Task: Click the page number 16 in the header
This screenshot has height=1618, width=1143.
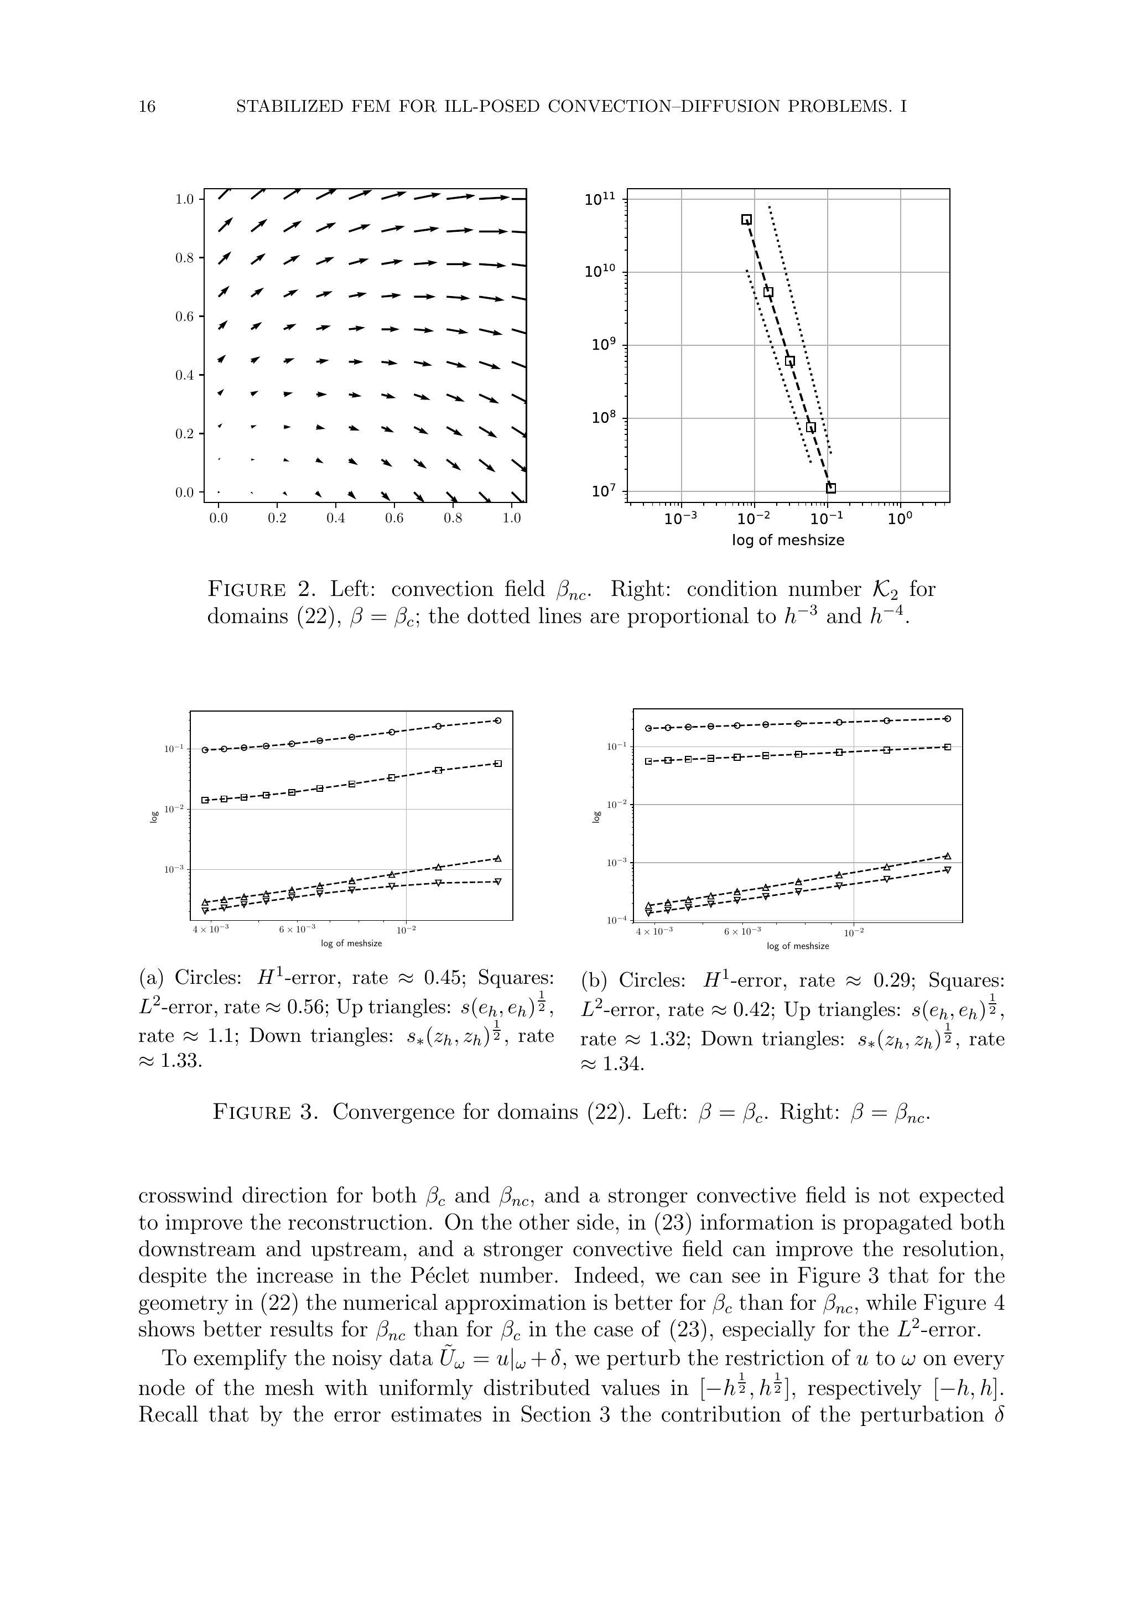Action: click(147, 107)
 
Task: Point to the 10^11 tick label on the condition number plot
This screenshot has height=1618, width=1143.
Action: click(600, 199)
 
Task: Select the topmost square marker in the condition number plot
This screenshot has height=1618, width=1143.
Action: click(746, 220)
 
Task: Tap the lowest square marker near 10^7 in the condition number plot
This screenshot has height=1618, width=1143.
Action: click(831, 488)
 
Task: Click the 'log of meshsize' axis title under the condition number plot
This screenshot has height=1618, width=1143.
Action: click(788, 541)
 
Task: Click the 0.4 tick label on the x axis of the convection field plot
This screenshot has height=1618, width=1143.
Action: click(335, 518)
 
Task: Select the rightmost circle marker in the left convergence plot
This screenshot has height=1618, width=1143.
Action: click(498, 720)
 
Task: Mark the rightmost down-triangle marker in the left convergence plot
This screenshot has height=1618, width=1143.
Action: click(498, 881)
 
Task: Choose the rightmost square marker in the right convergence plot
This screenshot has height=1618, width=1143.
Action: click(948, 747)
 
